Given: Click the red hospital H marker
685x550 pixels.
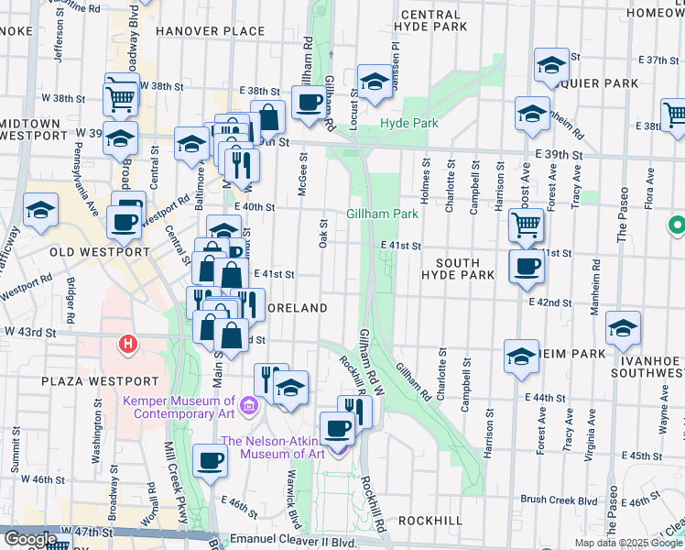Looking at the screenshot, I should tap(128, 345).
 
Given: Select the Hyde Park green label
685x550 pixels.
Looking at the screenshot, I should tap(408, 123).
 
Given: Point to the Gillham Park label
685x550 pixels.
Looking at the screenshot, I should tap(382, 214).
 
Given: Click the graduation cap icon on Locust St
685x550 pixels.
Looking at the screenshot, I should tap(375, 82).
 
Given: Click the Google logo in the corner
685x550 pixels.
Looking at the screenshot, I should tap(30, 539).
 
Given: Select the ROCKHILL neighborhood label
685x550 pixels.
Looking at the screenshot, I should tap(430, 520).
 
